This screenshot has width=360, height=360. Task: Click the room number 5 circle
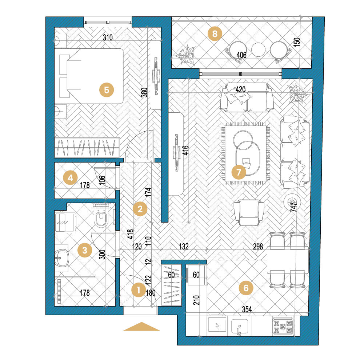point(107,90)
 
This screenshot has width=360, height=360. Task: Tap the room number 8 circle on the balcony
point(215,34)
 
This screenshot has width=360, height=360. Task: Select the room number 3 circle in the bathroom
point(85,250)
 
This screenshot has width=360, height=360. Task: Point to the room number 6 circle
point(246,288)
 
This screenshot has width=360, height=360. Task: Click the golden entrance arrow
point(142,327)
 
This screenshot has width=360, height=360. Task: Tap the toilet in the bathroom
point(101,216)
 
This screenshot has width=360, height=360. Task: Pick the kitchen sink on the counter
point(240,327)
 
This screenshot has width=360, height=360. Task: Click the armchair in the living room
point(249,212)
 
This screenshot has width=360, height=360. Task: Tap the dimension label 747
point(294,207)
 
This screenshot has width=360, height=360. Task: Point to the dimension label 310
point(108,37)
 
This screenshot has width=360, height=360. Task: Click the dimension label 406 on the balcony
point(241,55)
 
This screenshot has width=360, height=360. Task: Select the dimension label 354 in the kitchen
point(247,309)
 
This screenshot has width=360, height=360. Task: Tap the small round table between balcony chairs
point(258,49)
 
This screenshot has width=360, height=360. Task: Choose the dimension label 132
point(184,247)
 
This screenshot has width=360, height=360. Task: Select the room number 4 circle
point(70,177)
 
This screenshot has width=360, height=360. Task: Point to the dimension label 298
point(258,247)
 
